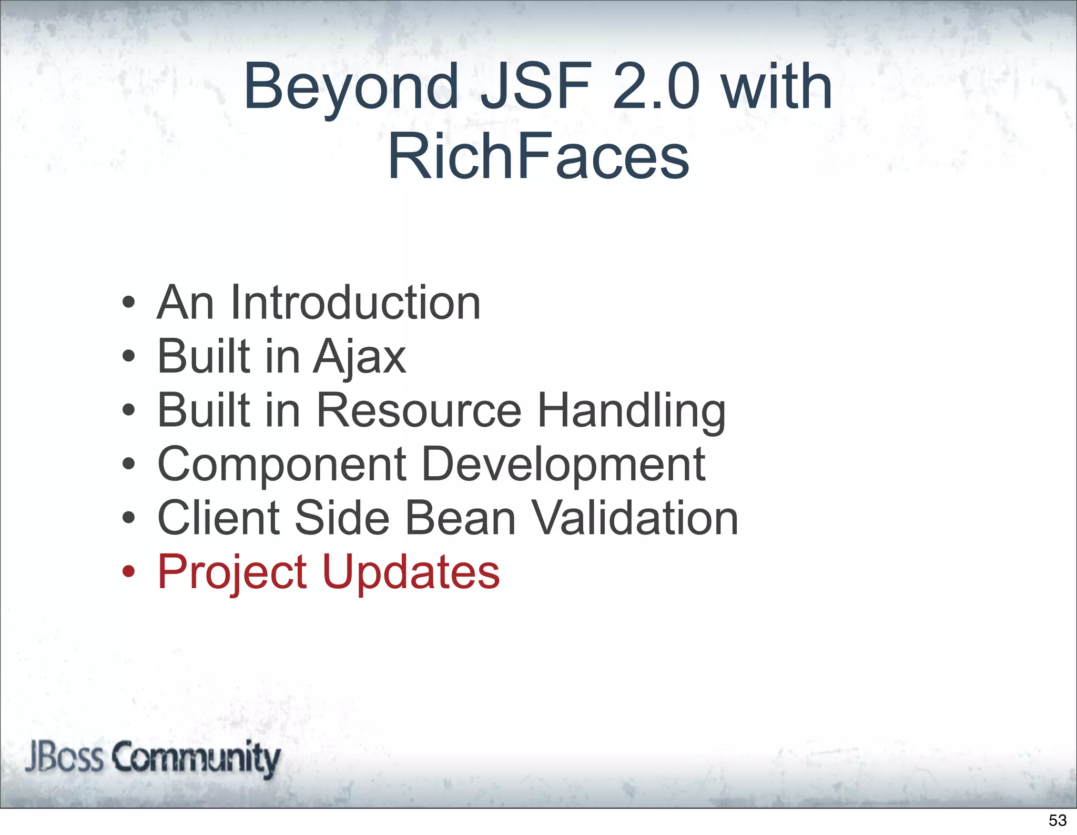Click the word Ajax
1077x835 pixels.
pyautogui.click(x=360, y=358)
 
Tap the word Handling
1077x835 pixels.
pyautogui.click(x=631, y=411)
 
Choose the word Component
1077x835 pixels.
pyautogui.click(x=282, y=465)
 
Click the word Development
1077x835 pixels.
pyautogui.click(x=563, y=465)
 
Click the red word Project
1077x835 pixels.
pyautogui.click(x=232, y=573)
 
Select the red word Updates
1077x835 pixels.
pyautogui.click(x=411, y=573)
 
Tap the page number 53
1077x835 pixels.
pyautogui.click(x=1058, y=820)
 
